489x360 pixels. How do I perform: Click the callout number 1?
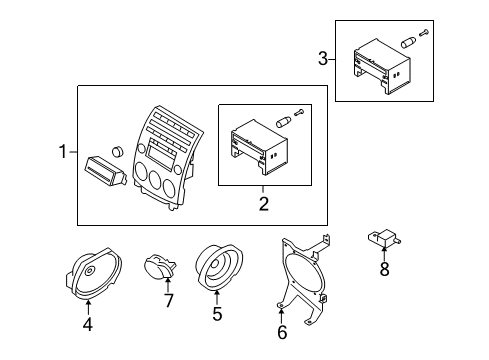[63, 152]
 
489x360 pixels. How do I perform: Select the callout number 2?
[264, 204]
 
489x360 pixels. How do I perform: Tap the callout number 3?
[323, 59]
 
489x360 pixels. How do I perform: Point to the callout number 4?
[87, 324]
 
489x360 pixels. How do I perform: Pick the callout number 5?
[217, 314]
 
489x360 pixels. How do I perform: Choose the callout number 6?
[282, 332]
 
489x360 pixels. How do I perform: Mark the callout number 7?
[169, 300]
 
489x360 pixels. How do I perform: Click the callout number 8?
[384, 269]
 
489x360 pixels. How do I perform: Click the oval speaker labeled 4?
[93, 273]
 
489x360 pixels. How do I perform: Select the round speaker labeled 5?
[219, 267]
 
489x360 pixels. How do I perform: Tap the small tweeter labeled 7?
[160, 267]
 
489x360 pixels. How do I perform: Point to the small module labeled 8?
[384, 238]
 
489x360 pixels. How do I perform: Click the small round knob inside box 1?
[117, 151]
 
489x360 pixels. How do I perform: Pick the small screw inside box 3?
[424, 33]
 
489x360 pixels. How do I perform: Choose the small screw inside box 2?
[299, 113]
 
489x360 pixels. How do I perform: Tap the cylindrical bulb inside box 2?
[283, 122]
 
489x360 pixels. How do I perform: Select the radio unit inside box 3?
[382, 66]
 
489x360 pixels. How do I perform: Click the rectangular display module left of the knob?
[106, 171]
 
